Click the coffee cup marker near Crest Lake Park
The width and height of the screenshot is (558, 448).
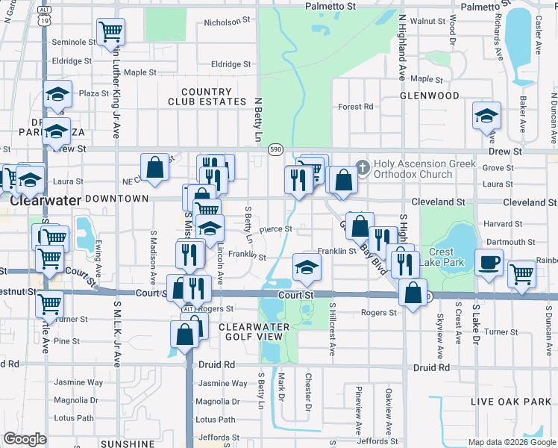pyautogui.click(x=489, y=264)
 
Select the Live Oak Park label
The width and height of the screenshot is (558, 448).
pyautogui.click(x=510, y=402)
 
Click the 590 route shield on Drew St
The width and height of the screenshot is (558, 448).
pyautogui.click(x=275, y=149)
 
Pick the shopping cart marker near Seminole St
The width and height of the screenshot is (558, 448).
pyautogui.click(x=110, y=32)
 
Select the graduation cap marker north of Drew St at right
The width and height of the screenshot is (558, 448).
pyautogui.click(x=486, y=116)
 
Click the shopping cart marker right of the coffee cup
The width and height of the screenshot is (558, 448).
pyautogui.click(x=522, y=274)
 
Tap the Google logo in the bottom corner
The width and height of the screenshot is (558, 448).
pyautogui.click(x=25, y=438)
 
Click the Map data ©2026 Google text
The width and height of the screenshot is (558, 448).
pyautogui.click(x=512, y=442)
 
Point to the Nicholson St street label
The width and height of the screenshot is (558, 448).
pyautogui.click(x=224, y=22)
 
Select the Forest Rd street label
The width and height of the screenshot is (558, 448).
pyautogui.click(x=355, y=107)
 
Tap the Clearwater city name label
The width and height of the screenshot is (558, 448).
pyautogui.click(x=41, y=201)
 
